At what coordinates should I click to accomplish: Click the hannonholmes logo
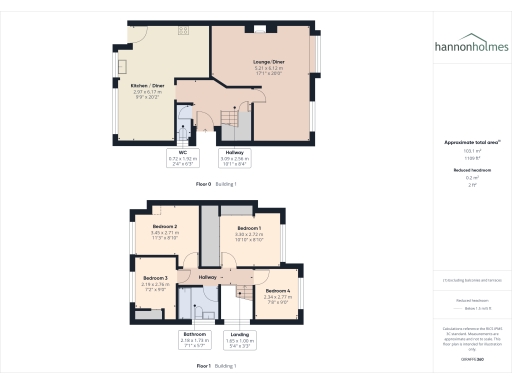(x=471, y=46)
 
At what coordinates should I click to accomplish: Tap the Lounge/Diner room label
(x=267, y=67)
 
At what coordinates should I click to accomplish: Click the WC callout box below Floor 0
(x=184, y=158)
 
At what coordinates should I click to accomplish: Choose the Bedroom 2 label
(x=165, y=233)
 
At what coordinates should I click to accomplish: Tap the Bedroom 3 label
(x=153, y=282)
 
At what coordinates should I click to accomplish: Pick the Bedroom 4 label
(x=278, y=293)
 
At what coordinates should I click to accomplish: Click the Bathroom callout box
(x=194, y=338)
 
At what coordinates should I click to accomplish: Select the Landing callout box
(x=240, y=338)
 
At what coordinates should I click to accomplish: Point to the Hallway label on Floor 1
(x=208, y=277)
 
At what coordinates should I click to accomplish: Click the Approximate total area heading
(x=471, y=143)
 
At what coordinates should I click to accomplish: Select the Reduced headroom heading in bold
(x=471, y=171)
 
